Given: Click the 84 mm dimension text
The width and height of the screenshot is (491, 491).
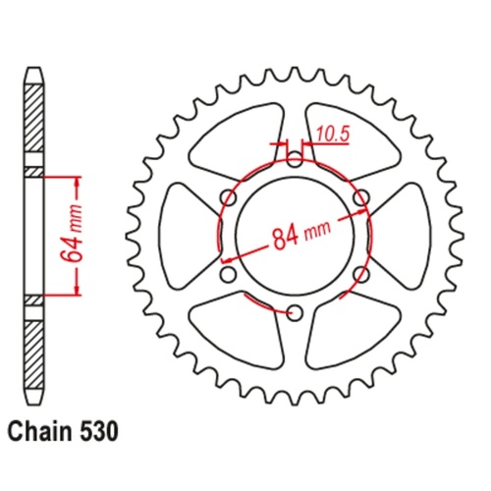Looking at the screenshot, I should coord(296,237).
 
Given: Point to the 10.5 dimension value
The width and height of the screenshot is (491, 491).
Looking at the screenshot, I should coord(331,136).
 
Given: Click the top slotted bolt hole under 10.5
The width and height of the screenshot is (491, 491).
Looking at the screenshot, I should coord(293,157).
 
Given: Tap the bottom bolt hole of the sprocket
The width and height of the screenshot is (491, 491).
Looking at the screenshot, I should coord(293,312).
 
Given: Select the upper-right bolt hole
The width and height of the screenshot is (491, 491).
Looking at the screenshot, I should coord(360,197).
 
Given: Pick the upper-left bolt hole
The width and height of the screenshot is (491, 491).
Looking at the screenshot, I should coord(226,197).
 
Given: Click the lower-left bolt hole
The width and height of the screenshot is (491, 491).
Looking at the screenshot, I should coord(226,274).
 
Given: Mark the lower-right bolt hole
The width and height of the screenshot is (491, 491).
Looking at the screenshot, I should coord(360,274).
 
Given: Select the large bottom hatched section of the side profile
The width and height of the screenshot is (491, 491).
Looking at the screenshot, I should coord(32,349).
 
